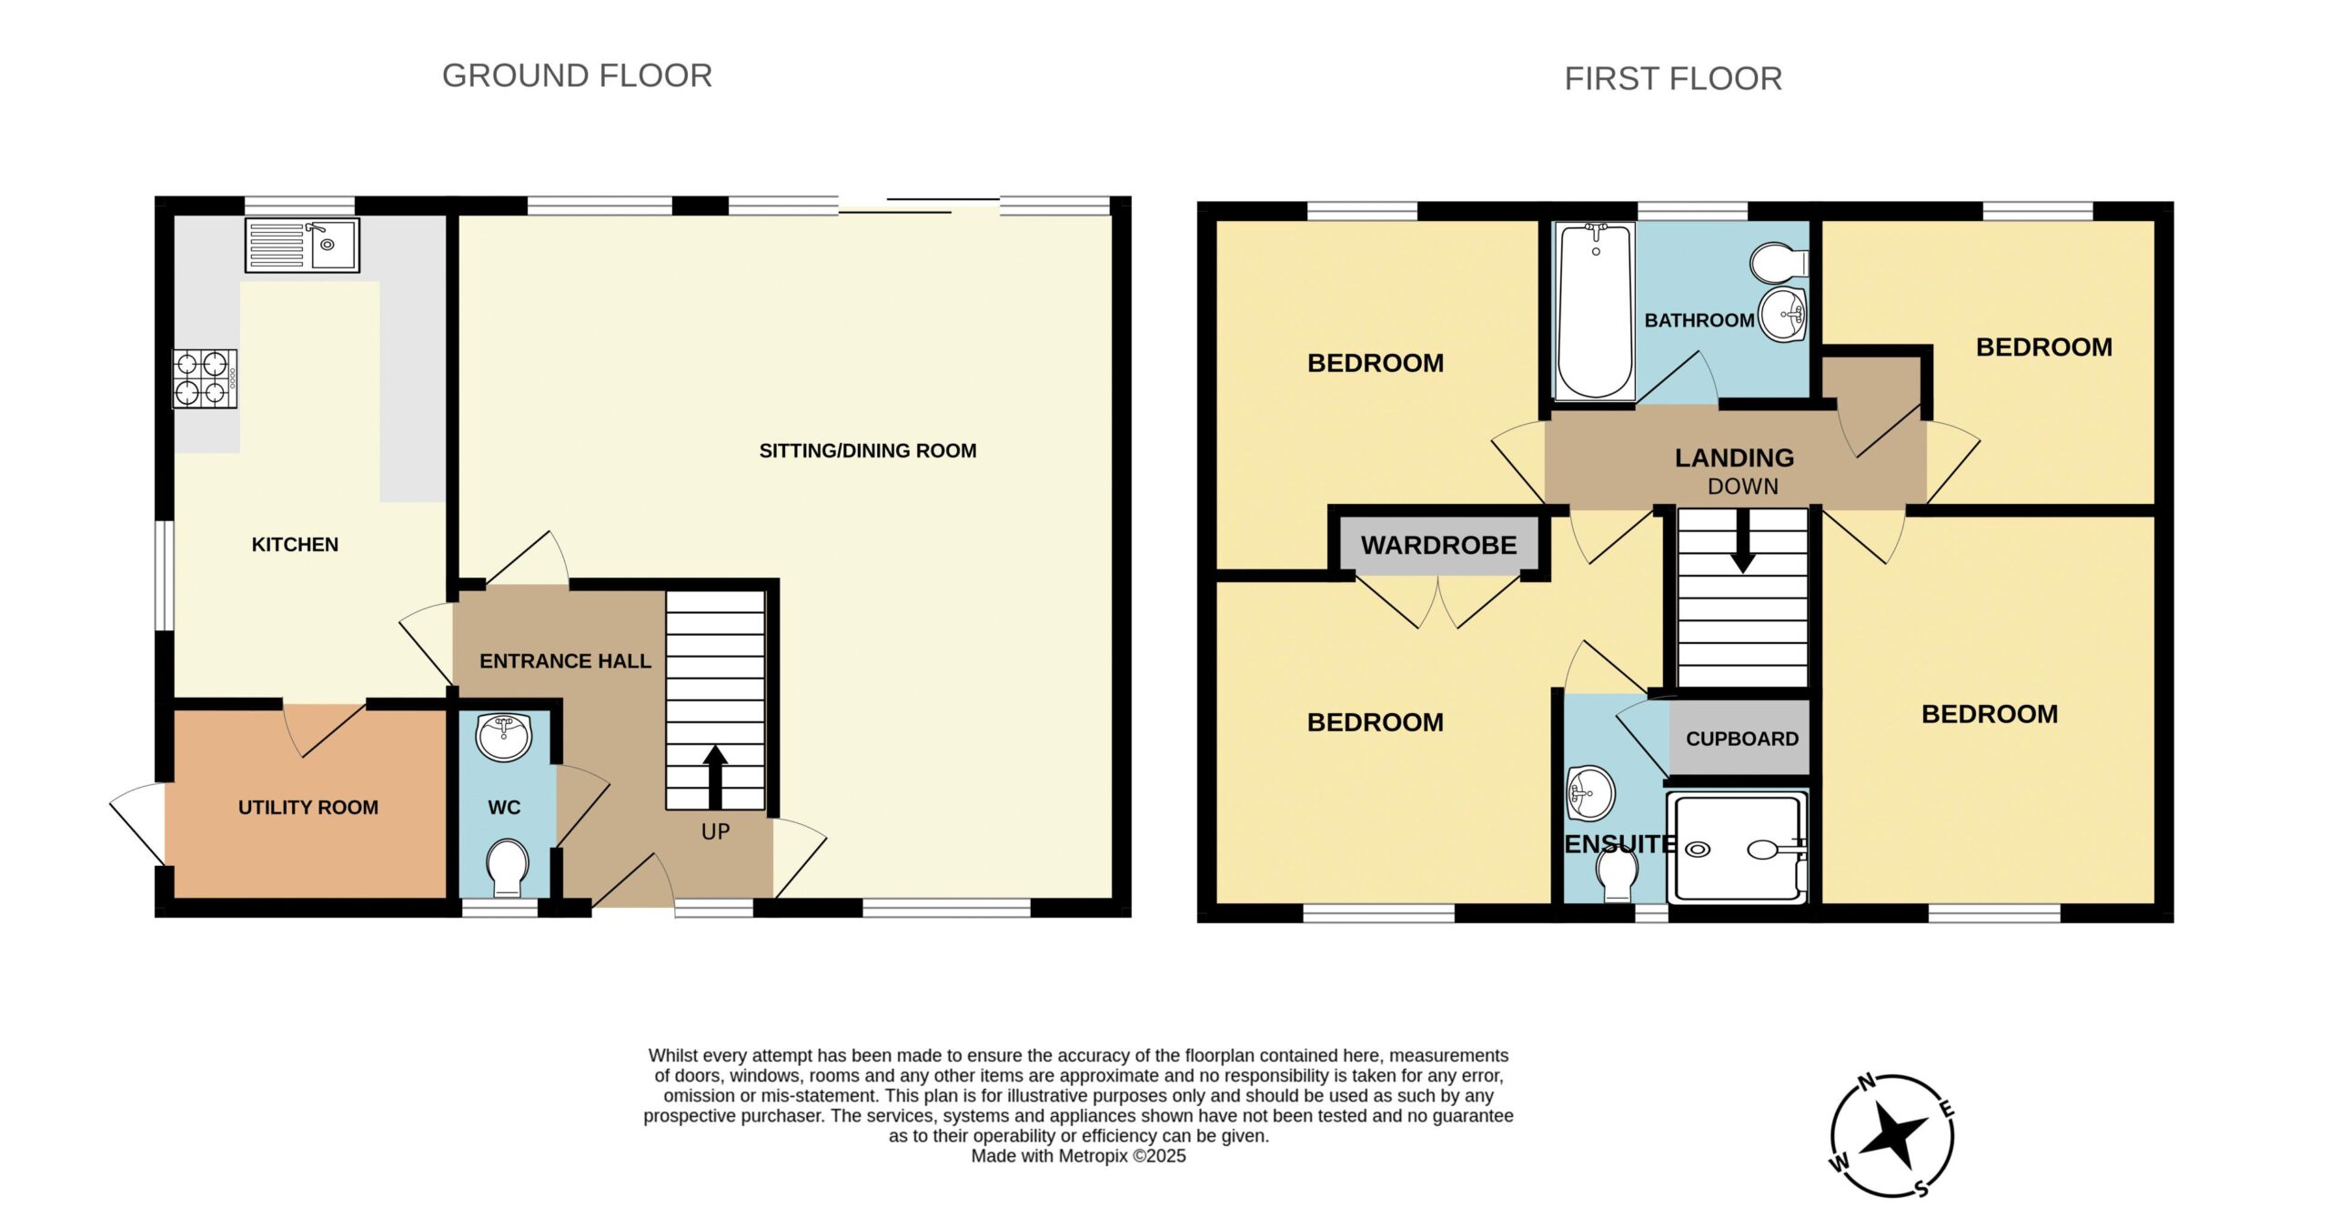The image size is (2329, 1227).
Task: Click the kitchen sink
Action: click(x=302, y=245)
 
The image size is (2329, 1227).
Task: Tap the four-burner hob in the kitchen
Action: click(x=205, y=378)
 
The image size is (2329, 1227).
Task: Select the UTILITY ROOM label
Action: click(x=308, y=807)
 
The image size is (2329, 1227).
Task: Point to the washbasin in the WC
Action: click(x=504, y=737)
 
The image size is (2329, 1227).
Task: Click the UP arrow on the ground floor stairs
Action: click(x=715, y=777)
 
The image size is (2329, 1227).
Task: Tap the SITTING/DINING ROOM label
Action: click(x=868, y=450)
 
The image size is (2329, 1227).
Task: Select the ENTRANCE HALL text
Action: click(x=565, y=661)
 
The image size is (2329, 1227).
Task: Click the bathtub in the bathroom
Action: click(x=1595, y=311)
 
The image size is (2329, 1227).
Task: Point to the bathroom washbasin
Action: click(x=1783, y=315)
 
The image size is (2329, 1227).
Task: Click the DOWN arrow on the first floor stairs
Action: click(x=1742, y=540)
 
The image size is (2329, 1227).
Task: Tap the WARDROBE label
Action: click(x=1438, y=545)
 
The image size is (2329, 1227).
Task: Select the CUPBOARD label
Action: click(x=1742, y=739)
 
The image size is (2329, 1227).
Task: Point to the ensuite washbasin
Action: click(x=1590, y=792)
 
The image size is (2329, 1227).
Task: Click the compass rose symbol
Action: click(x=1892, y=1135)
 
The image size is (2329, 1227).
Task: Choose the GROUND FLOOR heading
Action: click(x=577, y=75)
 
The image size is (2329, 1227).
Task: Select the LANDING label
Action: click(x=1734, y=458)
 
